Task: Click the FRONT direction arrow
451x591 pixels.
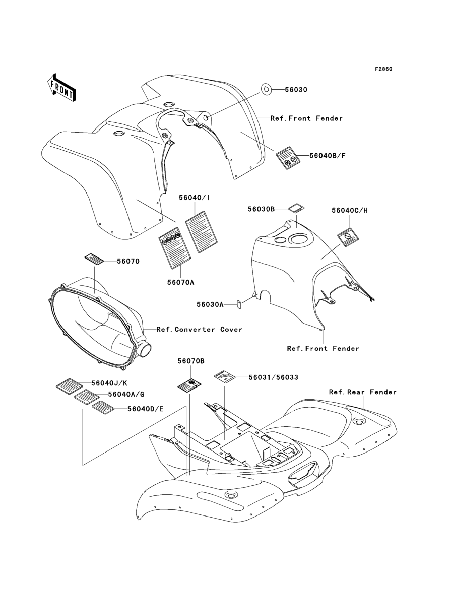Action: [x=61, y=88]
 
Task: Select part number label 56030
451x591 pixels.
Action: [x=296, y=90]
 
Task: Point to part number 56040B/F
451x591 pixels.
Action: [x=327, y=156]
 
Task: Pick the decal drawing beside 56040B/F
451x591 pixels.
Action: [x=288, y=158]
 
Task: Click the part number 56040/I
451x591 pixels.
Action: [x=194, y=198]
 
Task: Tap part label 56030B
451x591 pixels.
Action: [x=261, y=209]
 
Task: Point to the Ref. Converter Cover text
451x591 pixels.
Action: [x=199, y=330]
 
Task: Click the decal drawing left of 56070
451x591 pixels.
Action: [x=94, y=259]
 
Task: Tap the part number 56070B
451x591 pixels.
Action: [x=191, y=361]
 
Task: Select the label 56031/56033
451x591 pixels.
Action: [x=273, y=377]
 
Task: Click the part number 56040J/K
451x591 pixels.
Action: [x=109, y=383]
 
